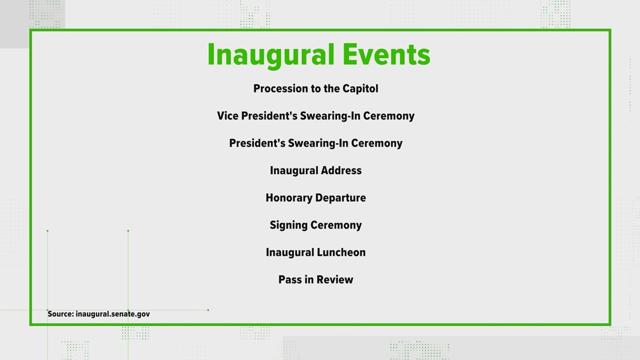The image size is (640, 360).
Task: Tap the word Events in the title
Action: coord(387,54)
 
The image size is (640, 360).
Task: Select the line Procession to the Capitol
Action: coord(316,89)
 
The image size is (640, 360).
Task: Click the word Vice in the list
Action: coord(228,116)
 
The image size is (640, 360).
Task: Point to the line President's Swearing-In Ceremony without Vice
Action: coord(316,143)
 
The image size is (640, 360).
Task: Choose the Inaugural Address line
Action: coord(316,171)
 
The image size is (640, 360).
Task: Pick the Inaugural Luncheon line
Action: coord(316,252)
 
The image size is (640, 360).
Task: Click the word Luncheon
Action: coord(340,252)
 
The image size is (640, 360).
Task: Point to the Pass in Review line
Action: coord(316,280)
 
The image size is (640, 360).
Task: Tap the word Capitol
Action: coord(360,89)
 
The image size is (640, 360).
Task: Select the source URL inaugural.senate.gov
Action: coord(113,315)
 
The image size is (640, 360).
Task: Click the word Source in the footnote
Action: coord(61,314)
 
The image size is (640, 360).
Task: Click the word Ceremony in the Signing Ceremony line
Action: coord(336,225)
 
